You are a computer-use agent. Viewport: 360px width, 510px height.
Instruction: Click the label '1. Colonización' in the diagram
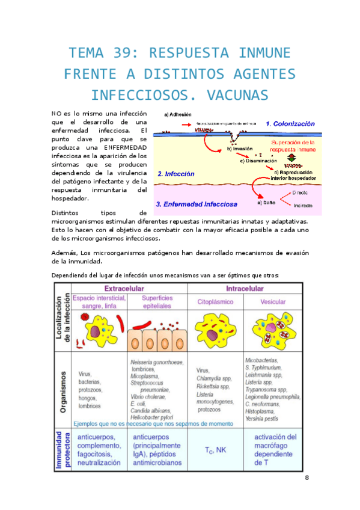click(x=290, y=123)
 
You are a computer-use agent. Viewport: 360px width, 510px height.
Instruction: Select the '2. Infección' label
click(x=175, y=174)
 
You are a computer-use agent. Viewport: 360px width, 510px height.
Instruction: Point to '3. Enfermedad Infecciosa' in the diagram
click(x=196, y=204)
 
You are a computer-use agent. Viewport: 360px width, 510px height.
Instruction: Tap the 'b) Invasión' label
click(x=243, y=150)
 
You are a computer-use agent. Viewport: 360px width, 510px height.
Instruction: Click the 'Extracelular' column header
click(x=127, y=288)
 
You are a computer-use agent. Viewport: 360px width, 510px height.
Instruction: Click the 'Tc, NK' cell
click(x=215, y=450)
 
